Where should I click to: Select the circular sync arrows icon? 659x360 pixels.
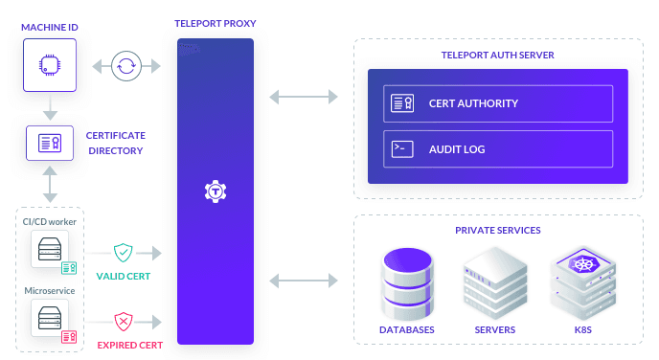125,67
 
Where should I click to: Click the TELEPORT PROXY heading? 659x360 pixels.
215,22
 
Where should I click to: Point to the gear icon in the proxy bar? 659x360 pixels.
216,191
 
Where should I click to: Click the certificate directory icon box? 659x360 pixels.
49,144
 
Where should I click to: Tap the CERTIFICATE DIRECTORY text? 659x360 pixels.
115,144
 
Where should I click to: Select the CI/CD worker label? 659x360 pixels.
50,222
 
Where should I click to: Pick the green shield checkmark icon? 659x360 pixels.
123,254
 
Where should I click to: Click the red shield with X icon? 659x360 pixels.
123,321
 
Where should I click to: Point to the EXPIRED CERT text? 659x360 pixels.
129,344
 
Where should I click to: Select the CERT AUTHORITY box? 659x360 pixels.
497,103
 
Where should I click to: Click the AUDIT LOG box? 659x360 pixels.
497,148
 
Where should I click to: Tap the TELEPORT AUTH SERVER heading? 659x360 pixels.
497,55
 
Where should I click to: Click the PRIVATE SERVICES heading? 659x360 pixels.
497,231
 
